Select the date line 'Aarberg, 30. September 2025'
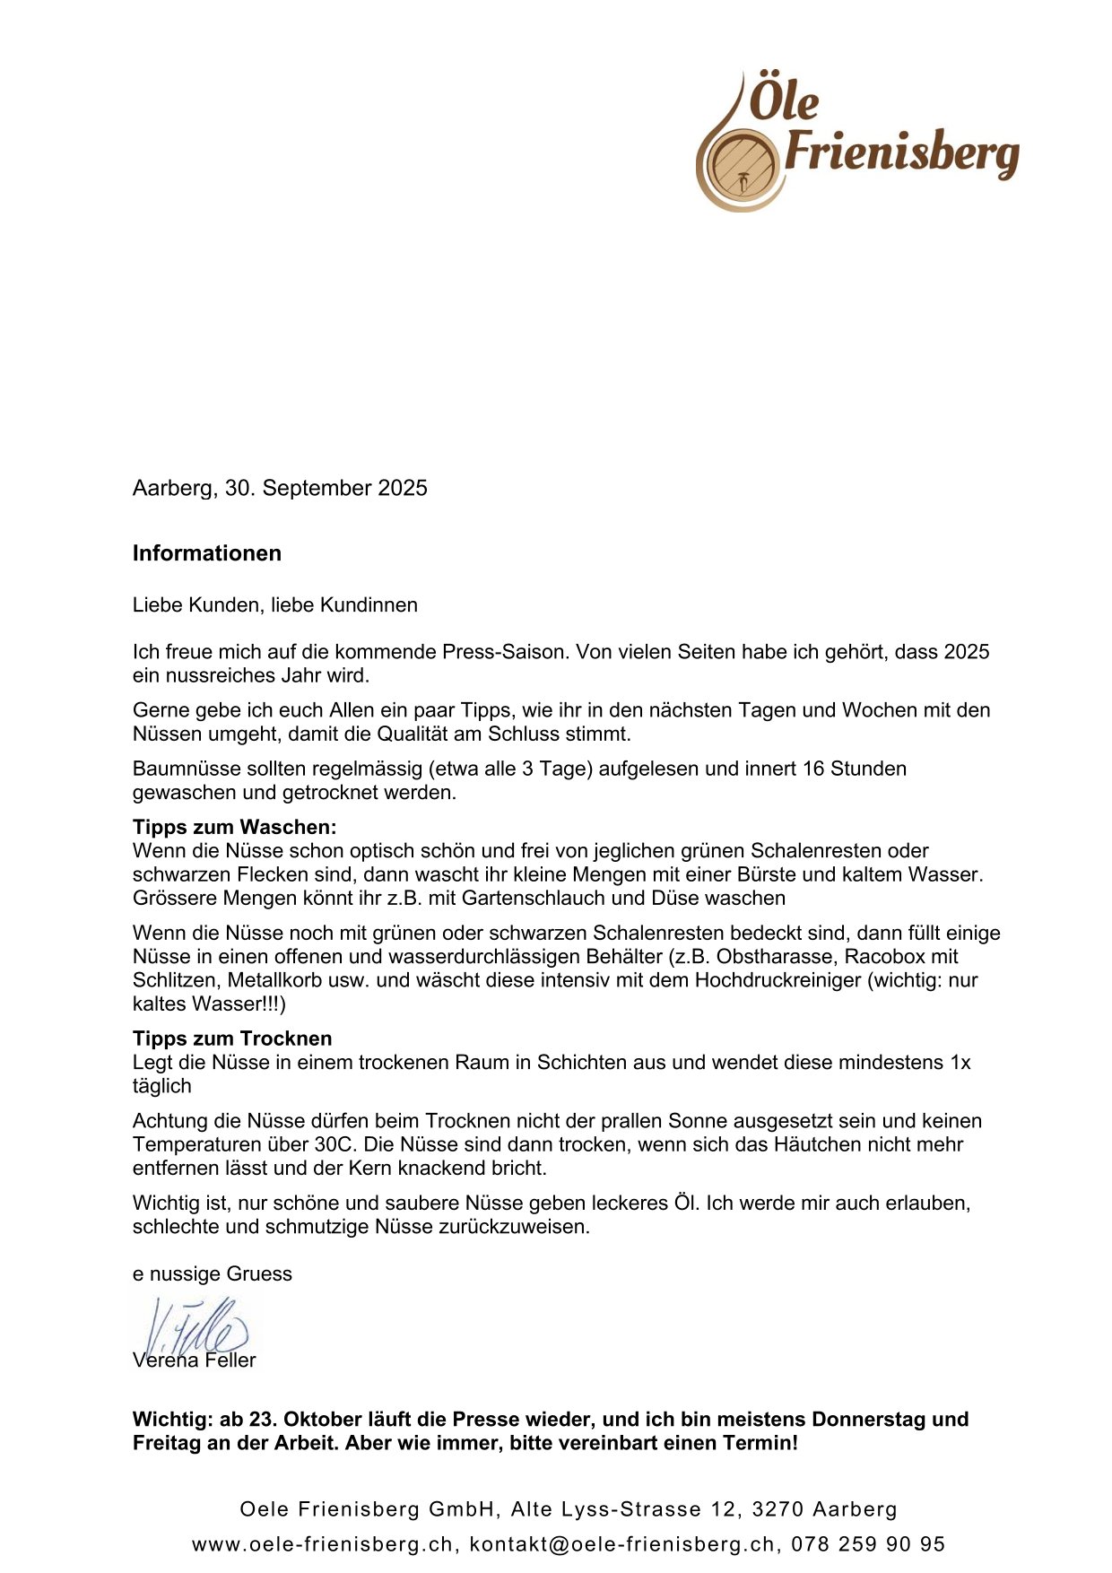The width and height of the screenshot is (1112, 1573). pyautogui.click(x=280, y=488)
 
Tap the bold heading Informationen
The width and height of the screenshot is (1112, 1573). pyautogui.click(x=207, y=553)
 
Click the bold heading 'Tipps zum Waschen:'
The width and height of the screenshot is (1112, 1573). pyautogui.click(x=235, y=827)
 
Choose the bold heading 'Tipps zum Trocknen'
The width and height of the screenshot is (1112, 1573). pyautogui.click(x=232, y=1039)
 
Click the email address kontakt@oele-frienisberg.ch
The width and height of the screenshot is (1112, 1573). pyautogui.click(x=622, y=1544)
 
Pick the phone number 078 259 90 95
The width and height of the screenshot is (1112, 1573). pyautogui.click(x=868, y=1544)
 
